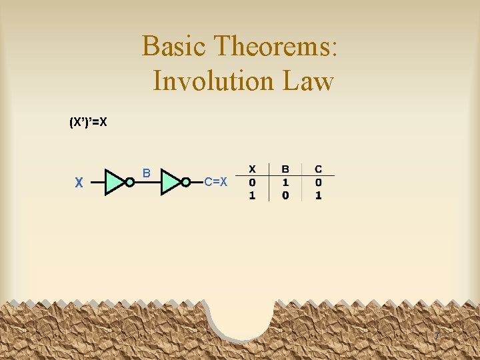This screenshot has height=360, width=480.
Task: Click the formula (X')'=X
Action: [x=89, y=123]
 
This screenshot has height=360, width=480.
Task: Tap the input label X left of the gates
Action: [x=79, y=182]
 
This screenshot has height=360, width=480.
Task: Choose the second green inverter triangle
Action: [x=171, y=182]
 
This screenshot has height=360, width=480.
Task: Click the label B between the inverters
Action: [x=147, y=174]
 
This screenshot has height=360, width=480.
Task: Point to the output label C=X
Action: [x=215, y=181]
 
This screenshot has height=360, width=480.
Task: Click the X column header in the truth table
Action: [x=252, y=169]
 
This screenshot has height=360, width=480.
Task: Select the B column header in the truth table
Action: [x=285, y=169]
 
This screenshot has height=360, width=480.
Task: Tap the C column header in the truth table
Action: [x=319, y=169]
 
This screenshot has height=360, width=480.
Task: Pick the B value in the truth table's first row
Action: [x=285, y=182]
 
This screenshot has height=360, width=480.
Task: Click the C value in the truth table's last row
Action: [x=319, y=195]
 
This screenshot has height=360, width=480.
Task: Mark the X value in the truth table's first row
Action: [x=252, y=182]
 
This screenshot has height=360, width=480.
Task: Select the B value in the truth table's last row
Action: [x=285, y=195]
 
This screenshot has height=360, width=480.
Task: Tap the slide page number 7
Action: [x=437, y=337]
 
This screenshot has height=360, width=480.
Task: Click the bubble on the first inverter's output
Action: [x=130, y=182]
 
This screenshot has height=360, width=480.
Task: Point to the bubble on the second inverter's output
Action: [x=186, y=182]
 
